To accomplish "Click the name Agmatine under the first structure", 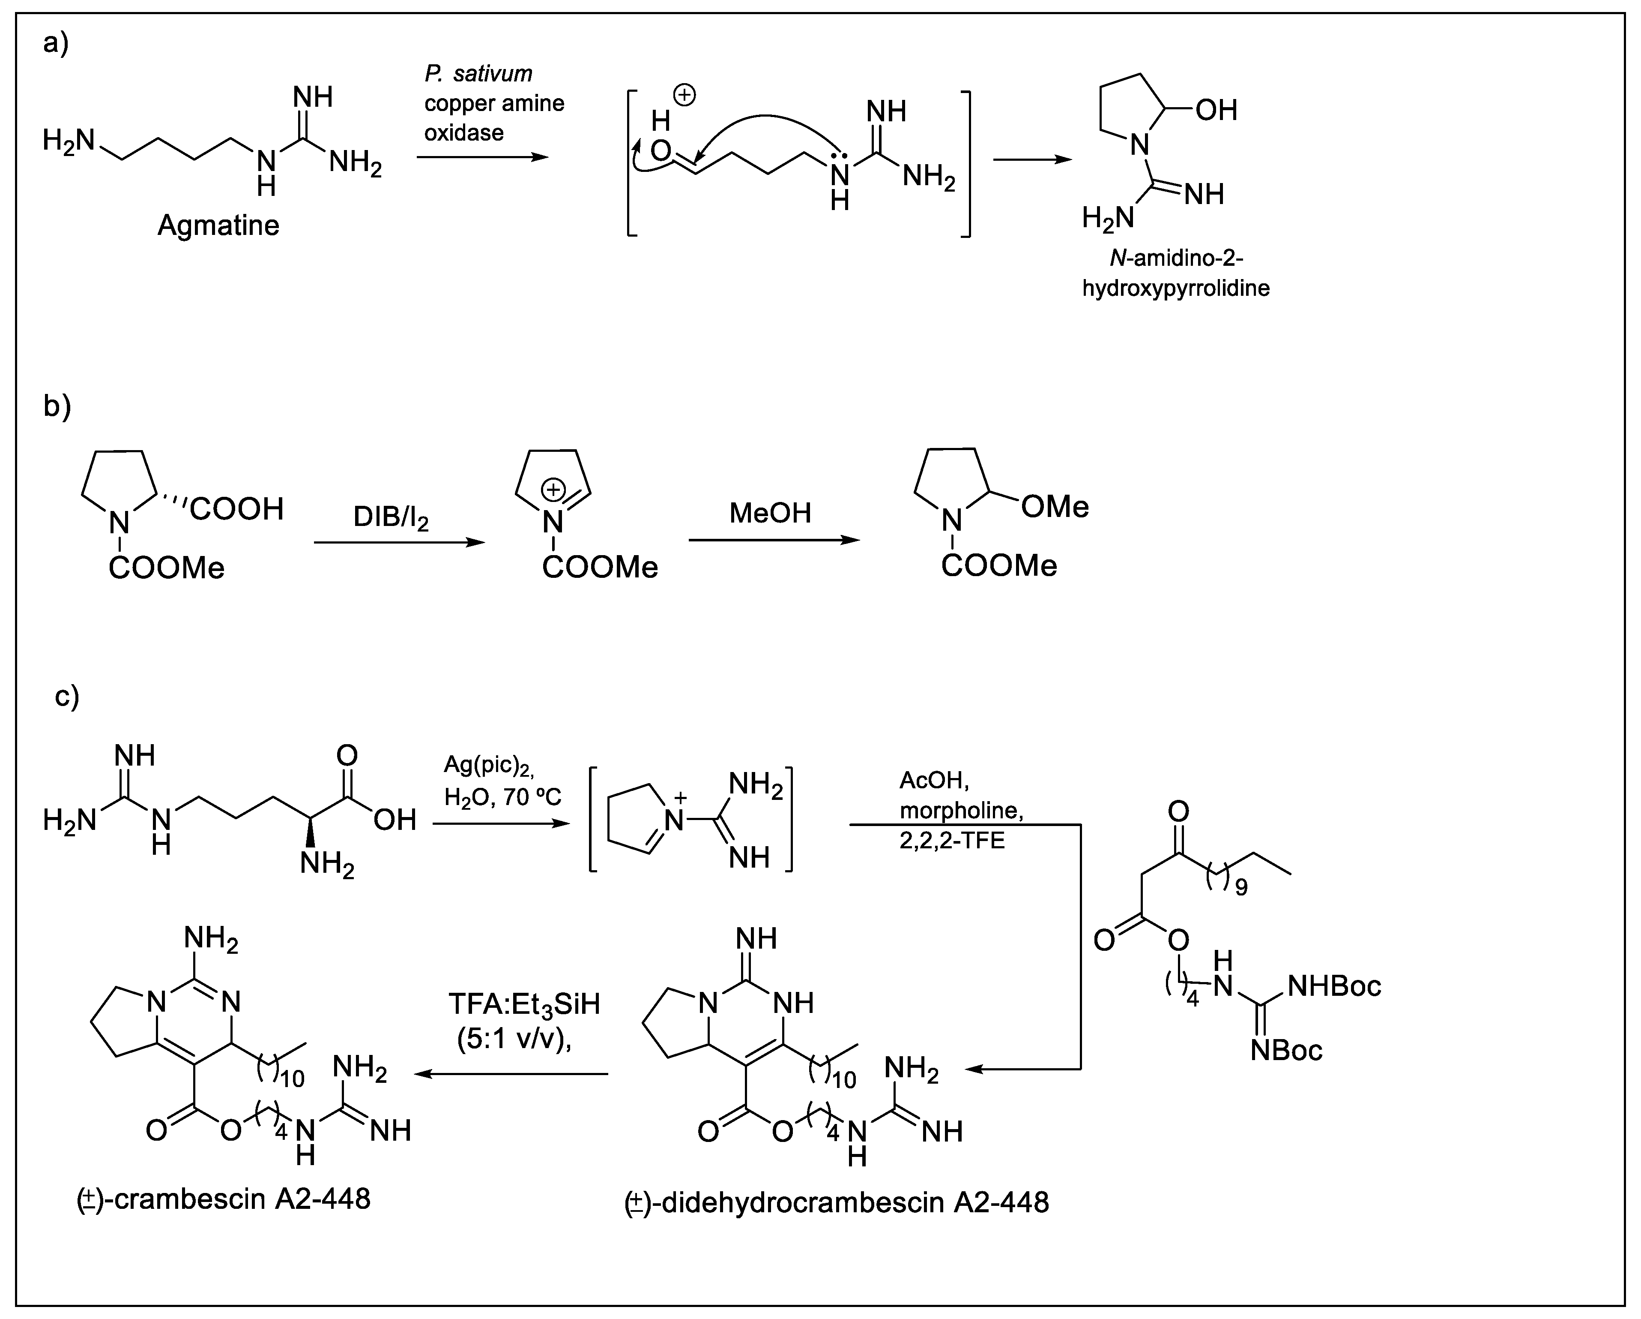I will point(218,225).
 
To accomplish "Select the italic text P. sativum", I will point(478,74).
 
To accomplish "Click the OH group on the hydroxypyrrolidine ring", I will point(1216,111).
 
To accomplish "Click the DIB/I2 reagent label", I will point(391,518).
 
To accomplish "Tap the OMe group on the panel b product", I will point(1054,506).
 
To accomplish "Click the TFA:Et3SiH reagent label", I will point(524,1004).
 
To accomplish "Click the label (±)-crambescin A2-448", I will point(224,1199).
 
